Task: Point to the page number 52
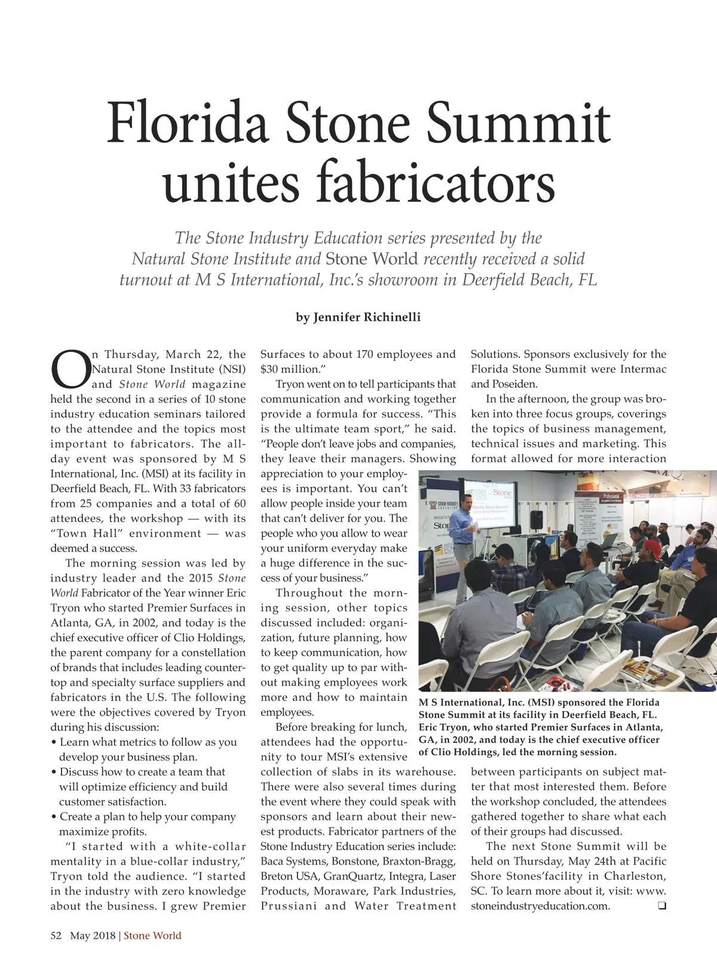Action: pyautogui.click(x=56, y=935)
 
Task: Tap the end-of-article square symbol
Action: pyautogui.click(x=661, y=906)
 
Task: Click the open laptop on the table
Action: pyautogui.click(x=609, y=540)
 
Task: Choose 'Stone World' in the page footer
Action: pyautogui.click(x=152, y=935)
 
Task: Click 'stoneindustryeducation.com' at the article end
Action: pyautogui.click(x=540, y=906)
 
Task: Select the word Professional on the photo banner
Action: pyautogui.click(x=605, y=497)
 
